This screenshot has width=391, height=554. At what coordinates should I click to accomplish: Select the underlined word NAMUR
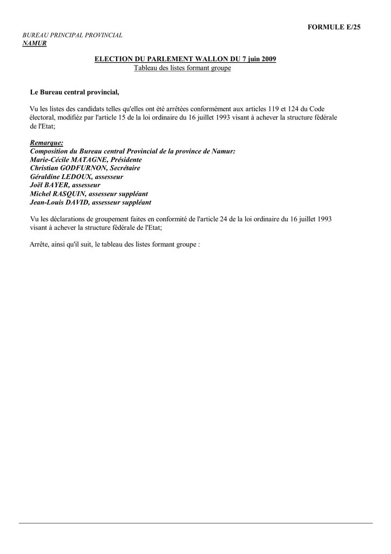click(x=35, y=43)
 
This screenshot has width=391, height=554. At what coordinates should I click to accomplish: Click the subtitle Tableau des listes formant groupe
click(x=182, y=68)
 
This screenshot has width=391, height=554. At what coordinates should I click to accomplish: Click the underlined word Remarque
click(x=46, y=143)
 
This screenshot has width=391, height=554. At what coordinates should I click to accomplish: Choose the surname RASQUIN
click(x=69, y=194)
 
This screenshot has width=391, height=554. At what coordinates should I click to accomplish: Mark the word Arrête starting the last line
click(x=39, y=245)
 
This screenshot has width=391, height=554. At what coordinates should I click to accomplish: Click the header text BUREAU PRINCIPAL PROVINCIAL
click(x=72, y=35)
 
